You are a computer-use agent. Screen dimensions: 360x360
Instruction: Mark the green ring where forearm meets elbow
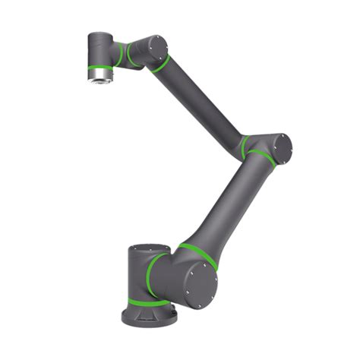pyautogui.click(x=244, y=146)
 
